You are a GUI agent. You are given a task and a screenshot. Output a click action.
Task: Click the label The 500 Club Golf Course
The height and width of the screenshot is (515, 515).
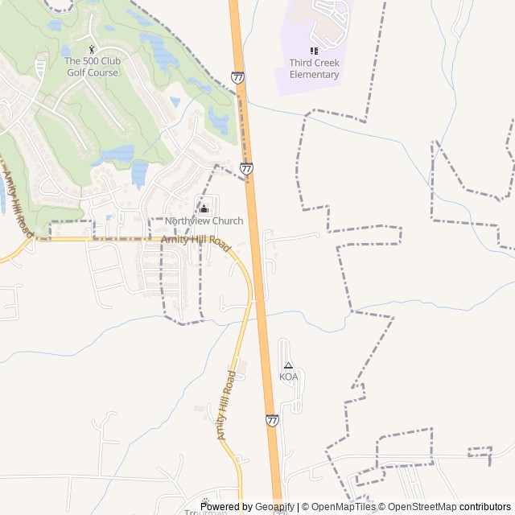(91, 67)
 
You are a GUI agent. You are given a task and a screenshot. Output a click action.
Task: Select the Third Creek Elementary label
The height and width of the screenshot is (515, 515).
(315, 69)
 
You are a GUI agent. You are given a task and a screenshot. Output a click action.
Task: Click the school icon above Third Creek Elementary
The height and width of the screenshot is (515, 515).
(314, 51)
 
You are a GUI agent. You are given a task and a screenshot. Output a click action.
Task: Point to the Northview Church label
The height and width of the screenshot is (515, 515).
(204, 221)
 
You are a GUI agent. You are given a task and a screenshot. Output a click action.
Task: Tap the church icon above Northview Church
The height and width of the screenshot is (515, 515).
(203, 209)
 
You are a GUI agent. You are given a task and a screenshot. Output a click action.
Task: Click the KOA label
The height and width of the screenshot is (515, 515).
(288, 377)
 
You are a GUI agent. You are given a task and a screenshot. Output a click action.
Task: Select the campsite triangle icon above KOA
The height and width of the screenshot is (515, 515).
(288, 365)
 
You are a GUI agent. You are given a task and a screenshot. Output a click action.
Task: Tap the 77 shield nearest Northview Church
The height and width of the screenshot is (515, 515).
(246, 169)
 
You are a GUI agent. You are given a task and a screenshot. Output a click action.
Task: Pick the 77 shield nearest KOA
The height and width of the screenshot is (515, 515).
(272, 420)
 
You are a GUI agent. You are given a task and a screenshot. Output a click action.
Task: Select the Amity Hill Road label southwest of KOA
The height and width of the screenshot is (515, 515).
(227, 405)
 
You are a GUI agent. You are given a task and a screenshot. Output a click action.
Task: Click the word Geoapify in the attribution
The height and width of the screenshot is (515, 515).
(274, 507)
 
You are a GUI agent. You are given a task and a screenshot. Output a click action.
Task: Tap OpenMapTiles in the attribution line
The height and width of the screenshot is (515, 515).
(343, 507)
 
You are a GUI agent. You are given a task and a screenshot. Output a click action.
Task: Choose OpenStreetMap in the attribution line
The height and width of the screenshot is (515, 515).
(422, 507)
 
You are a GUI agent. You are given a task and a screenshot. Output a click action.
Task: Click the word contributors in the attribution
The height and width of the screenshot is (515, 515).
(485, 507)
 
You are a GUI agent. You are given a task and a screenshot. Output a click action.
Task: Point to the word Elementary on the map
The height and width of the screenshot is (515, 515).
(315, 75)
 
